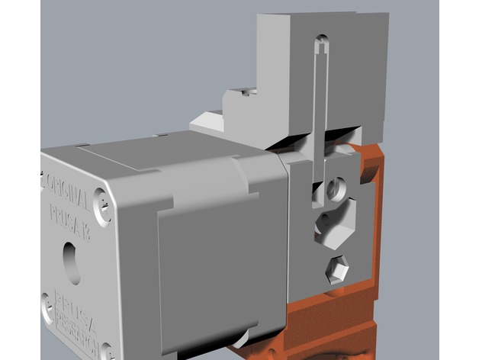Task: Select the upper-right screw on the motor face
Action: tap(101, 203)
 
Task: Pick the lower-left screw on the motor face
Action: tap(49, 301)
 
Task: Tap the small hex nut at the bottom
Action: tap(338, 269)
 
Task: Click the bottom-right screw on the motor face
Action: tap(109, 349)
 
